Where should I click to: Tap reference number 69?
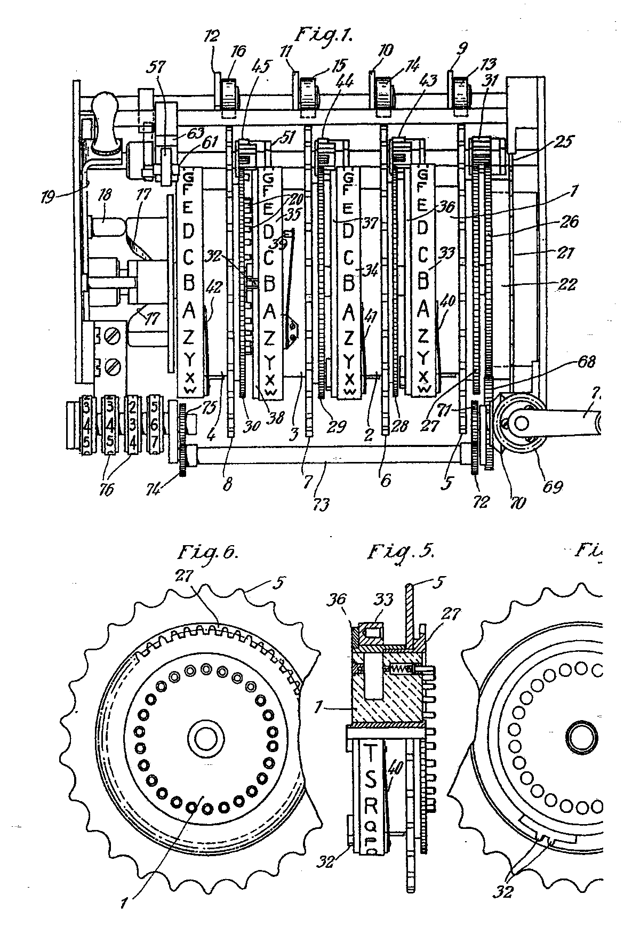[x=552, y=486]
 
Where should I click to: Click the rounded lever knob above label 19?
[x=105, y=111]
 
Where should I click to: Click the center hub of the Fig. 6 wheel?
[x=204, y=738]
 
